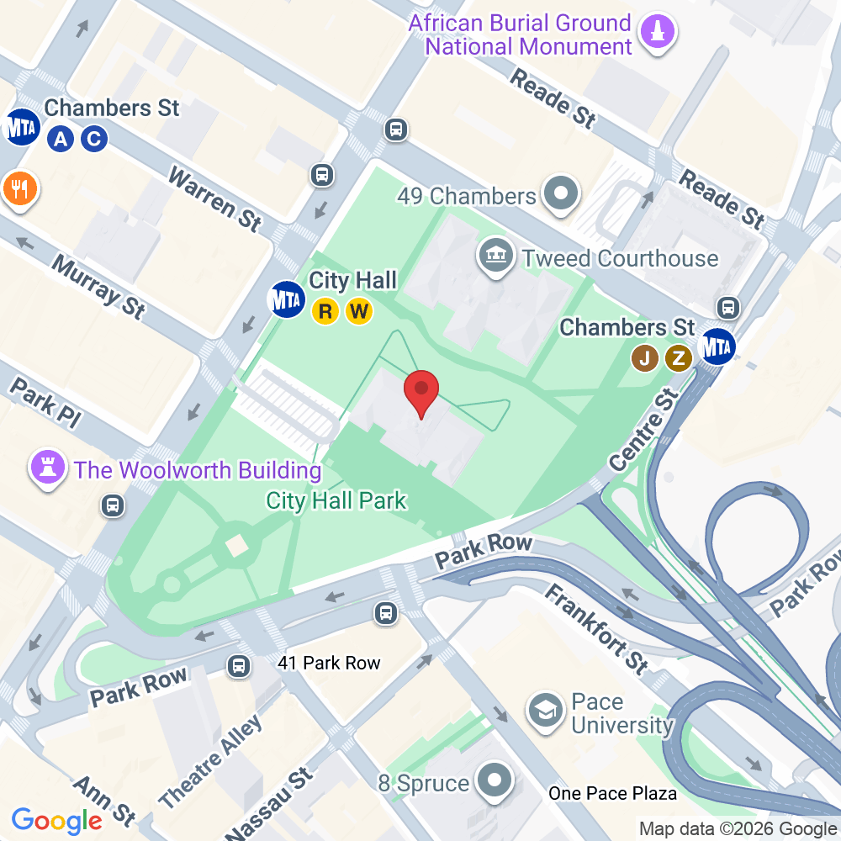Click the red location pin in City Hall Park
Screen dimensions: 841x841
(x=422, y=392)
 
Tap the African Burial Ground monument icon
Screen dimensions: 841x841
(x=659, y=32)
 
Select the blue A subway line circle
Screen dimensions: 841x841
(x=60, y=139)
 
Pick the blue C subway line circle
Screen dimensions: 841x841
(x=93, y=139)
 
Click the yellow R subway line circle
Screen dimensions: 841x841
(x=325, y=312)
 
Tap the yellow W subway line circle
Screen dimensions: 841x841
(x=358, y=312)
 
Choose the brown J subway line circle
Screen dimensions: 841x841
(x=645, y=358)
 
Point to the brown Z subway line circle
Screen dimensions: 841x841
(x=678, y=358)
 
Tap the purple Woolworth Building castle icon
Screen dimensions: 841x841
(x=46, y=468)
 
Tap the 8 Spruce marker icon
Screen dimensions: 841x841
(x=494, y=781)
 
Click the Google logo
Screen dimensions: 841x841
(x=57, y=820)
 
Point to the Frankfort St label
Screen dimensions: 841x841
(x=595, y=629)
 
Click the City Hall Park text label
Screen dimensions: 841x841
(x=336, y=501)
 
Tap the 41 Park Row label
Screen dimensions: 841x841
(x=329, y=664)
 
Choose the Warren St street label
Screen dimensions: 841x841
(x=215, y=198)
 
